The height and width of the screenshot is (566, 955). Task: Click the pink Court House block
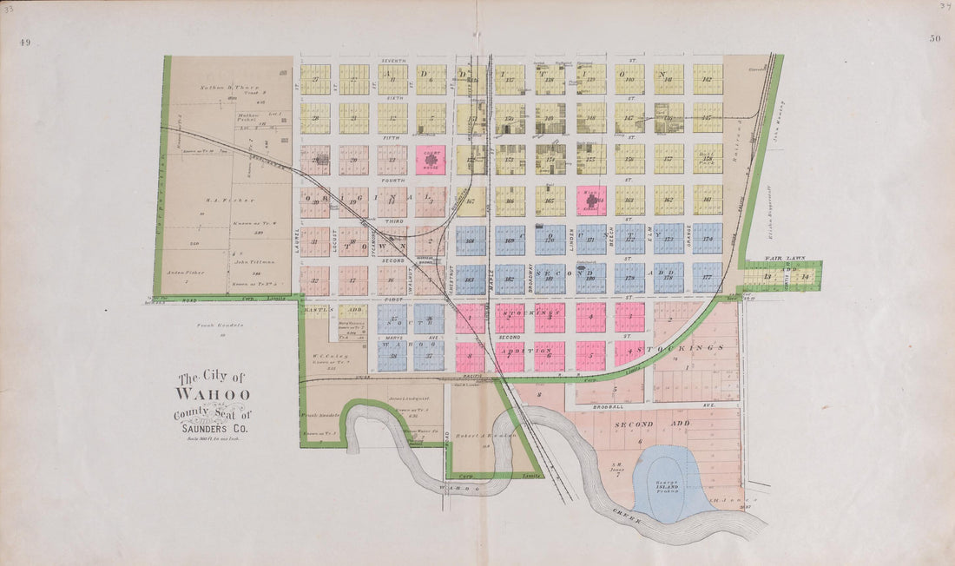tap(431, 160)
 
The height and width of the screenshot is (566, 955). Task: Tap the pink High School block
tap(591, 200)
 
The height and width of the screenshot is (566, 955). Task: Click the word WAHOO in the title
tap(213, 395)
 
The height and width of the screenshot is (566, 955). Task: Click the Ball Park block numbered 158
tap(708, 159)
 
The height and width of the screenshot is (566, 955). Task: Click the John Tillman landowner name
tap(252, 261)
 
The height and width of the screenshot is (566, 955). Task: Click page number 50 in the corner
tap(934, 39)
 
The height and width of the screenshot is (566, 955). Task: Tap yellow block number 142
tap(708, 79)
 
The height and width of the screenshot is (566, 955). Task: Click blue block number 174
tap(708, 239)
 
